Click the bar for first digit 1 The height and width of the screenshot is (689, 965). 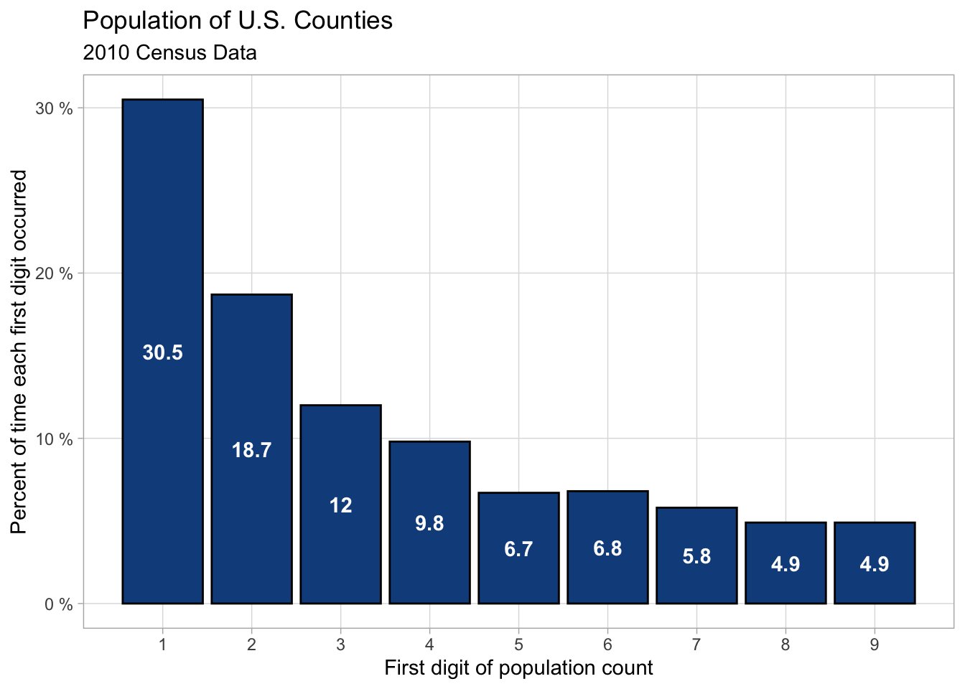pos(162,251)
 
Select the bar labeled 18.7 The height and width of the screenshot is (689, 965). pos(251,373)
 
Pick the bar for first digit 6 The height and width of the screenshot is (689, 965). pos(607,517)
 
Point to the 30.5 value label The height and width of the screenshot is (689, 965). pos(162,352)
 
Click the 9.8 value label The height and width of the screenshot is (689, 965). pos(429,523)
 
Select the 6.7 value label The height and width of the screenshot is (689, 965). pos(518,549)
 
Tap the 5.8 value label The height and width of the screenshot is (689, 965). pos(696,556)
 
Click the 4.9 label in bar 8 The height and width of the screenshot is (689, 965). pos(785,564)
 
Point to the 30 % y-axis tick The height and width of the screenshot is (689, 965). pos(55,108)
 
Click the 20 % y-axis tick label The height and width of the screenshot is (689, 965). pos(55,273)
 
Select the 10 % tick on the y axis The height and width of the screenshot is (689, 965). pos(55,439)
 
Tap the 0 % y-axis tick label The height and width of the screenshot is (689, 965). pos(59,604)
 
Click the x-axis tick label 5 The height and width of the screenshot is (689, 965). pos(518,645)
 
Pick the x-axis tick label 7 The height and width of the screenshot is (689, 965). pos(696,645)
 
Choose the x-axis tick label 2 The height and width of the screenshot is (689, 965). pos(251,645)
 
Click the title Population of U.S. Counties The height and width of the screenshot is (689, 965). pos(238,20)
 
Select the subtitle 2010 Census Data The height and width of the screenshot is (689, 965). pos(169,52)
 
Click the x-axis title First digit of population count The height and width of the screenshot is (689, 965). pos(518,668)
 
